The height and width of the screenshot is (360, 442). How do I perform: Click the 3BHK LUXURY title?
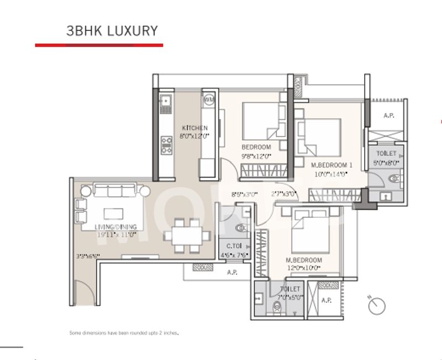point(112,30)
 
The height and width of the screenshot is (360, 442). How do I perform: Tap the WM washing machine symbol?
point(209,100)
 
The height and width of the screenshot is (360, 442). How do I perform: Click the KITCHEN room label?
point(194,132)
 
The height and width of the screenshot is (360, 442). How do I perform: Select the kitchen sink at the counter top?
point(165,102)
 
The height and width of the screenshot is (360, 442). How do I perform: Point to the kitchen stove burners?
point(165,144)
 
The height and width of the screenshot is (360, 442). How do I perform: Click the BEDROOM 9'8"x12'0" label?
point(256,152)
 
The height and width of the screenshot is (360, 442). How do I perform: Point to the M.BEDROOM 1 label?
point(331,169)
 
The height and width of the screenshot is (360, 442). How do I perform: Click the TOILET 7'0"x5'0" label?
point(290,293)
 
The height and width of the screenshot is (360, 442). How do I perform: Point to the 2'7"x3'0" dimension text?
point(284,194)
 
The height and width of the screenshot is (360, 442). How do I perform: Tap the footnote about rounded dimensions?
point(125,333)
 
